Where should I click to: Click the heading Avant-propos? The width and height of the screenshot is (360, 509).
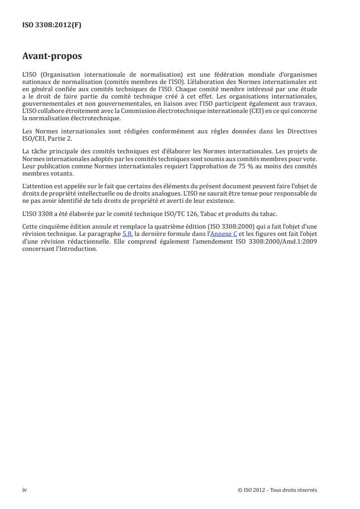[52, 57]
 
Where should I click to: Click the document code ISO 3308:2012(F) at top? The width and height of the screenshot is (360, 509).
[52, 25]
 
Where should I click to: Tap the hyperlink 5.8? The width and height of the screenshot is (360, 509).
[127, 234]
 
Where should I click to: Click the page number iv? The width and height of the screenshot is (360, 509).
[25, 490]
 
